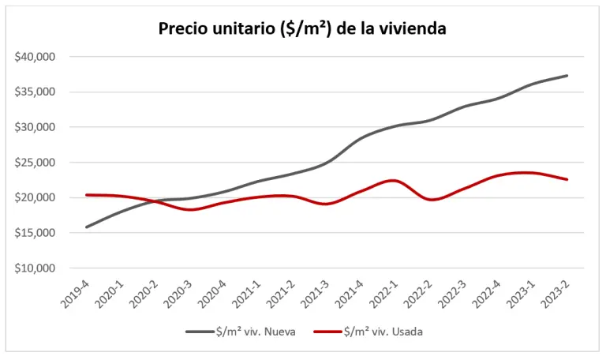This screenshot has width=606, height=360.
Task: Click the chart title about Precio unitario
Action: (x=303, y=29)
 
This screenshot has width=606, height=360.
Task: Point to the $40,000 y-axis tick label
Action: (x=34, y=57)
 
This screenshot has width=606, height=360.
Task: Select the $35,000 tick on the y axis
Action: (x=34, y=92)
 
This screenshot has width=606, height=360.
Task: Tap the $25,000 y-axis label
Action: (x=34, y=163)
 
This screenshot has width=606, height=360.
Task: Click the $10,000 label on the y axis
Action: (x=34, y=268)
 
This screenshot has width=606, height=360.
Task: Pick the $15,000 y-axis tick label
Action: (x=34, y=233)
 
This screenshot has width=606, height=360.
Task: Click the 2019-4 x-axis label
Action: (x=75, y=291)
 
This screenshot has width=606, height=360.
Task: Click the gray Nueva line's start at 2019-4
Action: (x=87, y=227)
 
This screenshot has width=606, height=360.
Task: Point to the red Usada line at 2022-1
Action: (x=392, y=180)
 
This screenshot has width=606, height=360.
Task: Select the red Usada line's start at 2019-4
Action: (x=87, y=194)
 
